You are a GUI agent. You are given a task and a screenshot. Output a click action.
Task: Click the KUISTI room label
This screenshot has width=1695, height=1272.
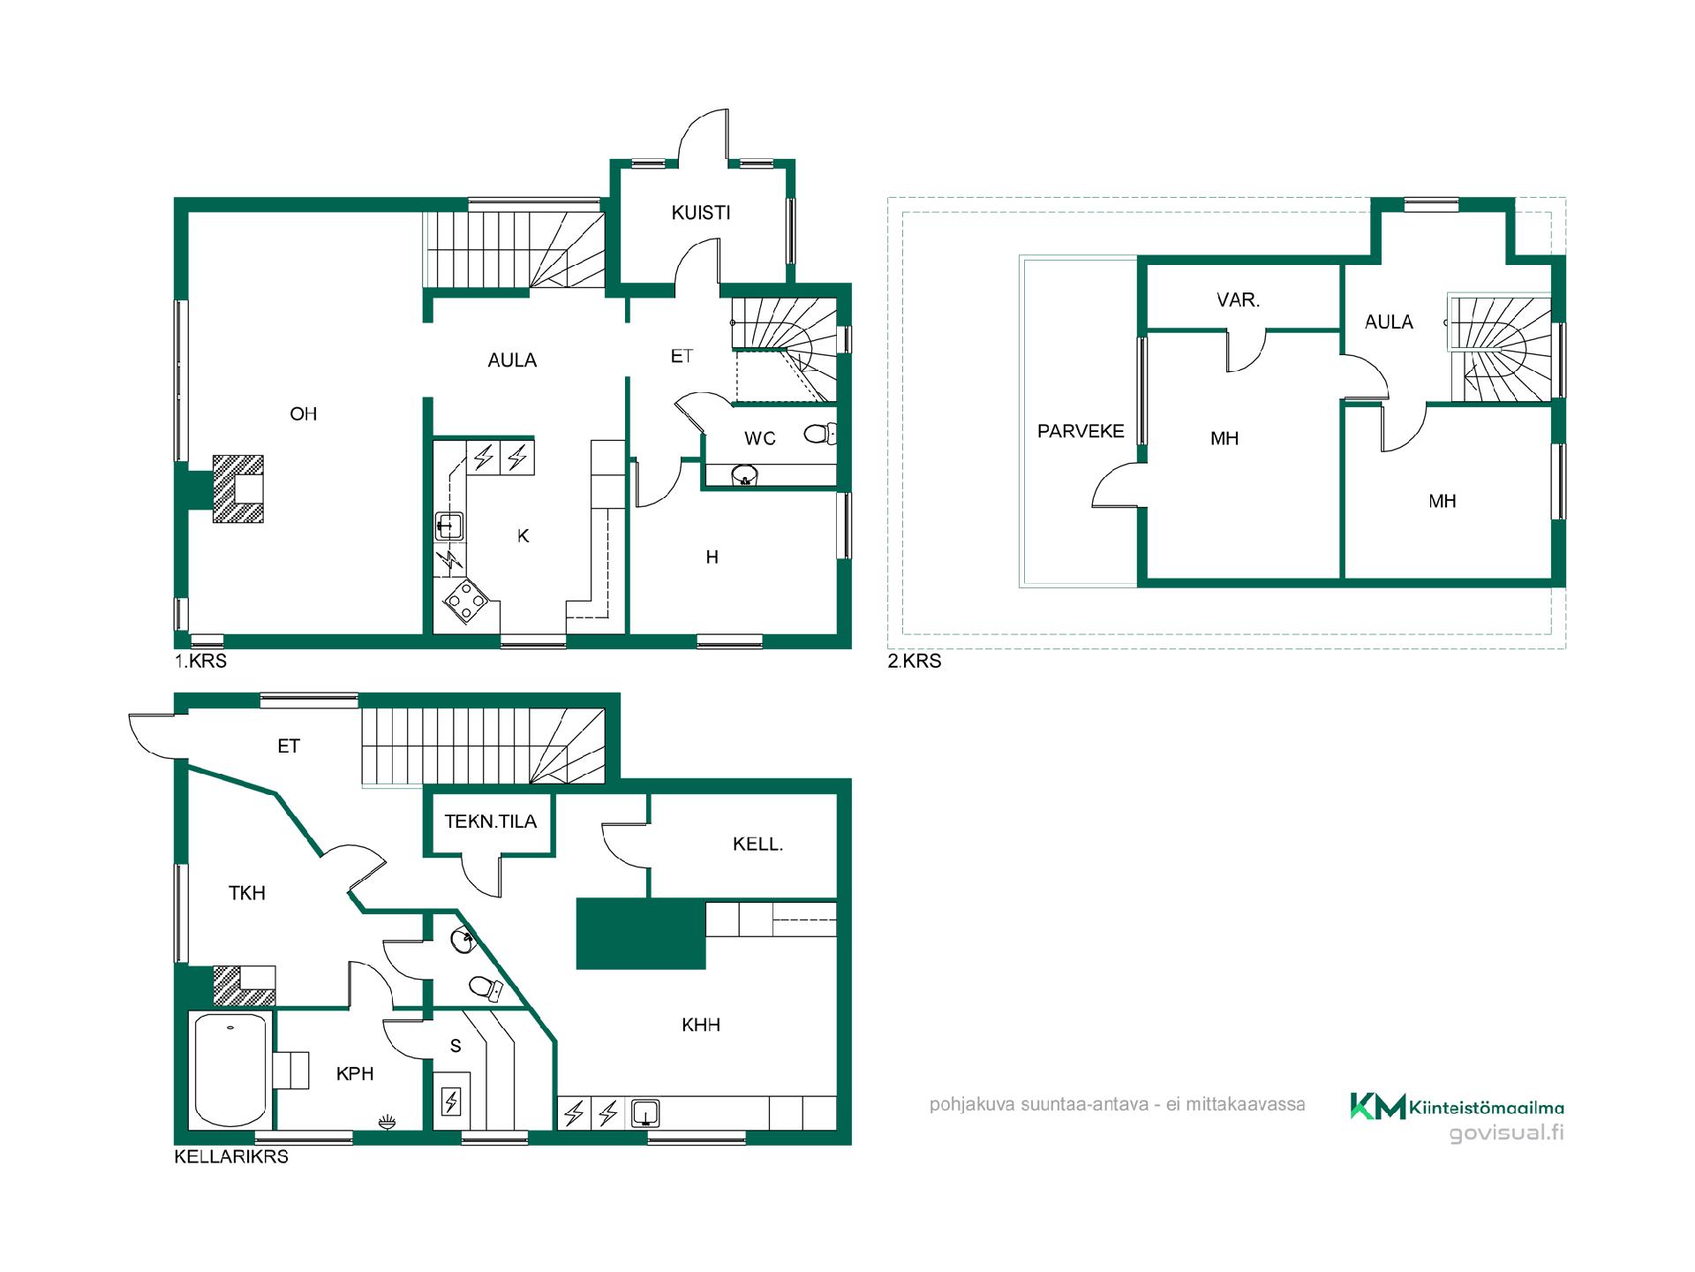[701, 213]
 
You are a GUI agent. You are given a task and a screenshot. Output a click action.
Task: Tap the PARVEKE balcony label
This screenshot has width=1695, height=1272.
[1081, 431]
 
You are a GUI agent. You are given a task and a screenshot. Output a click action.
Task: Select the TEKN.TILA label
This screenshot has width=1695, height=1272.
[491, 821]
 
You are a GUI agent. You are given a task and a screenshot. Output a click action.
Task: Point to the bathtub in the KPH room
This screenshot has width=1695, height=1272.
[230, 1071]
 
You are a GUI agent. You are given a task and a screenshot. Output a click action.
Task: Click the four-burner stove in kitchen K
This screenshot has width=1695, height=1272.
[466, 604]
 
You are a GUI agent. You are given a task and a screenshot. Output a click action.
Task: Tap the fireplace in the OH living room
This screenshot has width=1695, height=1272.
[237, 488]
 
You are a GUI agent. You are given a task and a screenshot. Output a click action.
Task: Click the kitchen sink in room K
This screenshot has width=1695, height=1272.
[449, 526]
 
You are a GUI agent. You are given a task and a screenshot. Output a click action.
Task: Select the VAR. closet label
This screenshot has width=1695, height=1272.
[1238, 300]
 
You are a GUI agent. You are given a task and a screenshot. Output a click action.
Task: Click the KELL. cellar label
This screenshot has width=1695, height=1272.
[758, 844]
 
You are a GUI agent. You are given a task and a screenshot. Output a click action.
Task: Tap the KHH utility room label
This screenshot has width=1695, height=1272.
[701, 1025]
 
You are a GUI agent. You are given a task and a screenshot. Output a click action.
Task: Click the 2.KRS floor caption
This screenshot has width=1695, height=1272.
[915, 661]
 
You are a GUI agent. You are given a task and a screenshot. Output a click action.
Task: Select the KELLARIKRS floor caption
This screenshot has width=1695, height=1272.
[231, 1156]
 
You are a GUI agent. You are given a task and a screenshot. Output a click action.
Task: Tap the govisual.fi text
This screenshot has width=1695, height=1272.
[1506, 1133]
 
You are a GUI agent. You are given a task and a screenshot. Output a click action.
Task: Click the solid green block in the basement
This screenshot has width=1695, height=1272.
[641, 934]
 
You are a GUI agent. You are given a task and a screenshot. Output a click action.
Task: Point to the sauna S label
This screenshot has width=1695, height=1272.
[456, 1047]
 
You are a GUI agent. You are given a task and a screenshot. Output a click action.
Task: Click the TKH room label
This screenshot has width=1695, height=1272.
[247, 893]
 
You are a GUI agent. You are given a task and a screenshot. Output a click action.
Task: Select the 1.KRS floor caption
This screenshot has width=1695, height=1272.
[200, 661]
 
